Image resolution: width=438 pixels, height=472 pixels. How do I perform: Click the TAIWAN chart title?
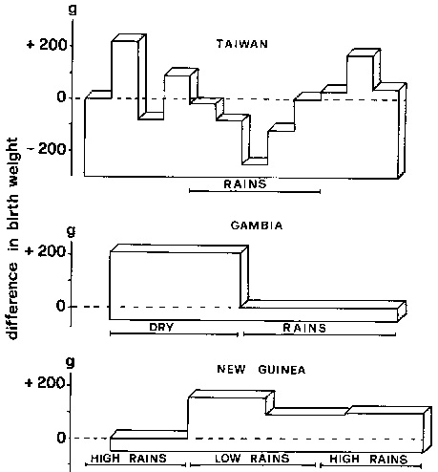click(x=242, y=44)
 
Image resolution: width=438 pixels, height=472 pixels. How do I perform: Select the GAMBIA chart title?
click(x=257, y=225)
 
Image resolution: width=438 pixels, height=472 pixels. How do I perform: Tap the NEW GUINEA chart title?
click(x=261, y=370)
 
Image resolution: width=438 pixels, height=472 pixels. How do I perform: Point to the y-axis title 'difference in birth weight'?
click(x=12, y=239)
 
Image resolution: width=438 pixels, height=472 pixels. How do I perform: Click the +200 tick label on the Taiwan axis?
click(x=47, y=45)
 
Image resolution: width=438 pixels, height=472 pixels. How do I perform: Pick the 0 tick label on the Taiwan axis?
click(x=62, y=97)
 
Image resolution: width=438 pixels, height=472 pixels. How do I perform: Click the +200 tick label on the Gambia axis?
click(x=46, y=251)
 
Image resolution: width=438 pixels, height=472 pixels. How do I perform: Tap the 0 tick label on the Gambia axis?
click(x=61, y=306)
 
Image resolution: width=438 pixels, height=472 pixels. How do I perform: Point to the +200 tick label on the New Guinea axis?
click(x=45, y=382)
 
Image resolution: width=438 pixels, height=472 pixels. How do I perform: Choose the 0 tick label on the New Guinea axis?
click(x=61, y=438)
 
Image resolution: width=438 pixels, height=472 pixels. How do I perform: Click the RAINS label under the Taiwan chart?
click(x=245, y=184)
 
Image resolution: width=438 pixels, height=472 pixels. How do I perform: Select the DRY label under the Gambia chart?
click(x=161, y=327)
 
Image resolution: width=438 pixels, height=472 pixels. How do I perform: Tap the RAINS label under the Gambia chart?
click(x=304, y=328)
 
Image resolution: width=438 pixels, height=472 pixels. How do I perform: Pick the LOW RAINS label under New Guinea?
click(x=252, y=459)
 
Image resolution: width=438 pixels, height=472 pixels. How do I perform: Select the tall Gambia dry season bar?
click(x=175, y=286)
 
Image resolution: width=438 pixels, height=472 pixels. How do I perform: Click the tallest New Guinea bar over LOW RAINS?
click(x=227, y=423)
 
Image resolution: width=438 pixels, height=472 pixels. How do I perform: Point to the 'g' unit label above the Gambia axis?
click(x=72, y=231)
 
